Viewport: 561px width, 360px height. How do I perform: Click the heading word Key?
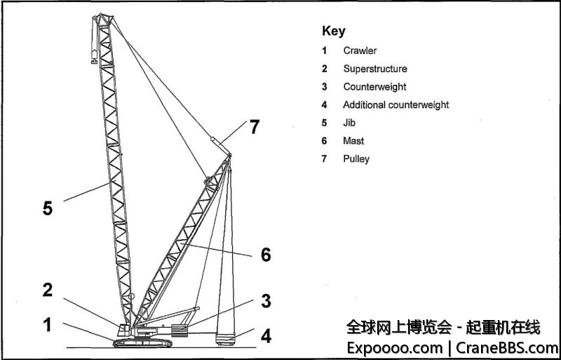coord(334,32)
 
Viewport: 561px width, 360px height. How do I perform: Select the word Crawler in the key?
coord(360,51)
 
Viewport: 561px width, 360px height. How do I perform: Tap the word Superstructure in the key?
coord(374,69)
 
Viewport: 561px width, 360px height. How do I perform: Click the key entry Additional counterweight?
coord(396,105)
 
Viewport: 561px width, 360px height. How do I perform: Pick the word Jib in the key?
coord(349,123)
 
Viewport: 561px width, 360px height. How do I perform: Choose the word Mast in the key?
coord(353,141)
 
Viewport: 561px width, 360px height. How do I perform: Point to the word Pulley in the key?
coord(356,159)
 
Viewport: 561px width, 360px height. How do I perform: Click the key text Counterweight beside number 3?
coord(374,87)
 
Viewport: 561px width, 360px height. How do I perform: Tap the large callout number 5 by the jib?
coord(47,208)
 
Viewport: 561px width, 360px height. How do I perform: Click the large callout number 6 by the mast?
coord(266,255)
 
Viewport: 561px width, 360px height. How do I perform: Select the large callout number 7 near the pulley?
coord(255,127)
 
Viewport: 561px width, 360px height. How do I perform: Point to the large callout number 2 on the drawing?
coord(47,291)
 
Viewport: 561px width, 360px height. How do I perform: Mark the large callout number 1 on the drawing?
coord(47,325)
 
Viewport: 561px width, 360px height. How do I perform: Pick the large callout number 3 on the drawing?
coord(266,302)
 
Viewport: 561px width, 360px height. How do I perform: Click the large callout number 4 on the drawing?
coord(266,336)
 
